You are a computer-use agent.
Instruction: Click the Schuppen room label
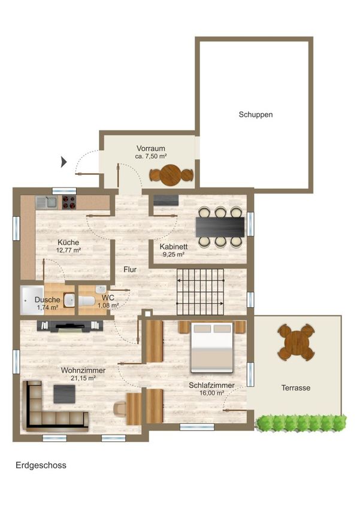255,114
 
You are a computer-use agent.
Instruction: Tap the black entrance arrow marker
64,162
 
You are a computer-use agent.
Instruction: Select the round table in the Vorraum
171,175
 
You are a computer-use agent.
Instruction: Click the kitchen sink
47,202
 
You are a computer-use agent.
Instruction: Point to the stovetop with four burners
69,202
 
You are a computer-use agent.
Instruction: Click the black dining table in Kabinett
220,227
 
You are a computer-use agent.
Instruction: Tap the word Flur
130,269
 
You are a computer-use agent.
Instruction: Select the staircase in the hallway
200,292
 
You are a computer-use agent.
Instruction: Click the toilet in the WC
86,301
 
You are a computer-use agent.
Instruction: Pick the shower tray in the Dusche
32,300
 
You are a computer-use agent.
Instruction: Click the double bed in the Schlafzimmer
211,347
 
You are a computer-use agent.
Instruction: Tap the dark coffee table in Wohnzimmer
64,394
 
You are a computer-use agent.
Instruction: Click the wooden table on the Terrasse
296,342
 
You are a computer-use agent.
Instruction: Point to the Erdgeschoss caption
41,465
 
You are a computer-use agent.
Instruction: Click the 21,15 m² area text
83,378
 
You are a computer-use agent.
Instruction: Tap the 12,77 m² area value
68,250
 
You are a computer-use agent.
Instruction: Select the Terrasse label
296,387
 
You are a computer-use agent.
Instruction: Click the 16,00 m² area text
211,393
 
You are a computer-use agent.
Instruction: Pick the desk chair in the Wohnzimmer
120,408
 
